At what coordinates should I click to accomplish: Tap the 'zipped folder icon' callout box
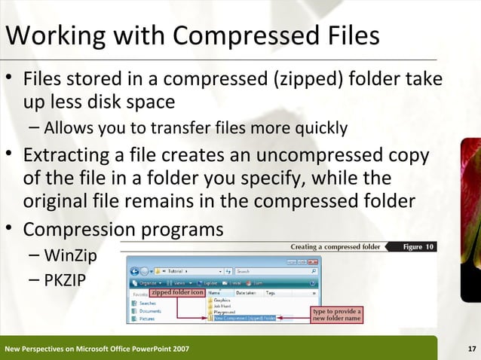click(177, 292)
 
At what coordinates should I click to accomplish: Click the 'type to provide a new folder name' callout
click(336, 314)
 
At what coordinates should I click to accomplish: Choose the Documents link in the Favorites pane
click(150, 310)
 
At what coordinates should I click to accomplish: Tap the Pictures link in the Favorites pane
click(148, 319)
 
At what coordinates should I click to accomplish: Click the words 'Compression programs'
click(123, 228)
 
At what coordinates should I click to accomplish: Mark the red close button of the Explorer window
click(316, 260)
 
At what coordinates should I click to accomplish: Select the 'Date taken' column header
click(246, 291)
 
